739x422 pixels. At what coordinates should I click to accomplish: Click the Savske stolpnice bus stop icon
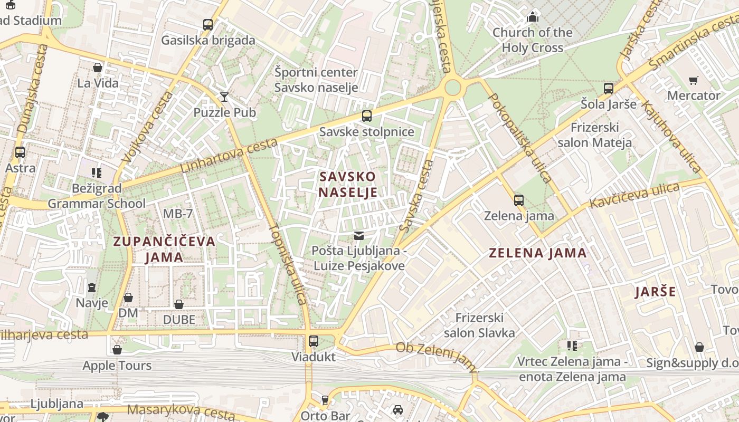[x=366, y=116]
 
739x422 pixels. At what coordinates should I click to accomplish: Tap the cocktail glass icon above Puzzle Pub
[x=224, y=97]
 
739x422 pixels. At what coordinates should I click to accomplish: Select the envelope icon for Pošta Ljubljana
[x=359, y=235]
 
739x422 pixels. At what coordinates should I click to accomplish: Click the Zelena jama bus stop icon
[x=519, y=200]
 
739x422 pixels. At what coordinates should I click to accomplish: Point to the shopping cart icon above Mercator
[x=693, y=80]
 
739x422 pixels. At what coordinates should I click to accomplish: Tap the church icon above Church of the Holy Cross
[x=533, y=17]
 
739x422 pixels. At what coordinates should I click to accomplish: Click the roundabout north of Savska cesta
[x=452, y=88]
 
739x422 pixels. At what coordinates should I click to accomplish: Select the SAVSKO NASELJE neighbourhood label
[x=348, y=184]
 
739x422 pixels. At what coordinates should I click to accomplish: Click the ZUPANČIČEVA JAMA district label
[x=165, y=249]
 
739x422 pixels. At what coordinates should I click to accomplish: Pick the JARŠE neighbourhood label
[x=655, y=292]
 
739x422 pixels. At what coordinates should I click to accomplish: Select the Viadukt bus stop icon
[x=314, y=341]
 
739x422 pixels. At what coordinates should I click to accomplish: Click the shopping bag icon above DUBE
[x=179, y=304]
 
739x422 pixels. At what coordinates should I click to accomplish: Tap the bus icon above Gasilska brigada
[x=208, y=24]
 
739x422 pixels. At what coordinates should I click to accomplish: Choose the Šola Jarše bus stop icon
[x=609, y=89]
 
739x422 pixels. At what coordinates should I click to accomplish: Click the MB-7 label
[x=178, y=214]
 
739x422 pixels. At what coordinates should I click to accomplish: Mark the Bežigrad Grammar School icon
[x=96, y=172]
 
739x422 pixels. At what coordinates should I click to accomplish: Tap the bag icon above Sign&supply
[x=699, y=347]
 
